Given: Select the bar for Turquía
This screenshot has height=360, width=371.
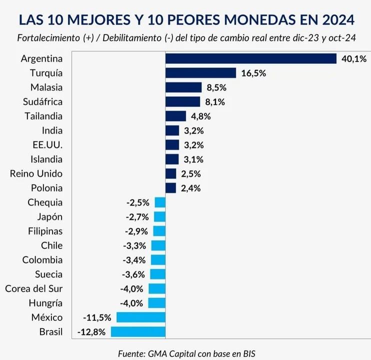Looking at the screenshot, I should [x=200, y=73].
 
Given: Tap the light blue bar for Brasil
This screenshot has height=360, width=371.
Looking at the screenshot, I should [x=138, y=331].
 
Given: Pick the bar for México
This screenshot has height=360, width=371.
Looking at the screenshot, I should [x=141, y=317].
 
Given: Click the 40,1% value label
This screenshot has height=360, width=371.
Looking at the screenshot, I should [x=353, y=59].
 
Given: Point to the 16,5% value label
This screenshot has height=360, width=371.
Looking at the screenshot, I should [x=253, y=73].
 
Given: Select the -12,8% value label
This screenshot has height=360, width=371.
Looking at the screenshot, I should [x=91, y=332].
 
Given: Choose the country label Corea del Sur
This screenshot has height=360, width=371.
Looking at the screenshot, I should [x=33, y=288].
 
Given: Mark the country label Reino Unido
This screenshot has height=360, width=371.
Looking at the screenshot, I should [x=36, y=173].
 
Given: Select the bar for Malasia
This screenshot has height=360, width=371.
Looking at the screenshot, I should [x=183, y=87].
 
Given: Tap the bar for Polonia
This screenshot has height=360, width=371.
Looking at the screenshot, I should [x=170, y=188].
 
